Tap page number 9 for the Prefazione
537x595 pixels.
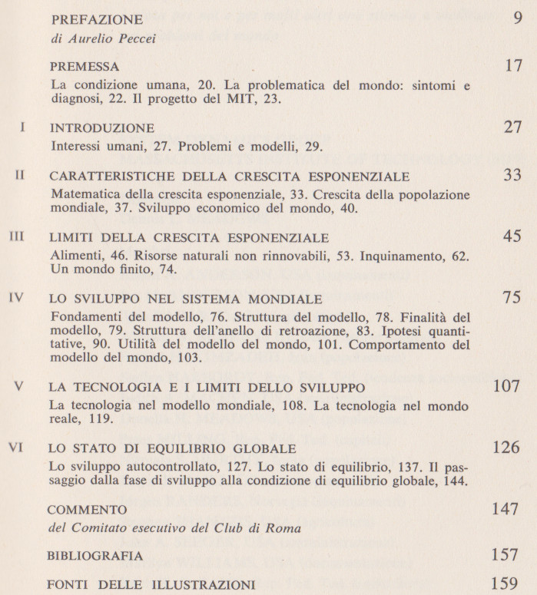tap(516, 18)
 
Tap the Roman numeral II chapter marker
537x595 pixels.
tap(22, 176)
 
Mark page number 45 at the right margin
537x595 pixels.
tap(512, 236)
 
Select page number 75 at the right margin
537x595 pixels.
tap(512, 298)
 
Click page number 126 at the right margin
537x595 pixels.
tap(506, 448)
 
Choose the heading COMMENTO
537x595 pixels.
tap(86, 510)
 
